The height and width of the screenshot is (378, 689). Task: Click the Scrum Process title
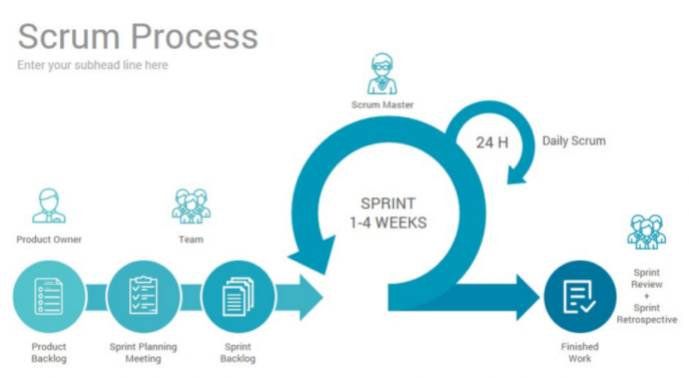tap(138, 37)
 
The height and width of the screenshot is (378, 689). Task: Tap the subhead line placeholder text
tap(93, 65)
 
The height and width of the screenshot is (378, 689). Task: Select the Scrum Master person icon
tap(382, 74)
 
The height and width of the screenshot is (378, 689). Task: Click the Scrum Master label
tap(382, 105)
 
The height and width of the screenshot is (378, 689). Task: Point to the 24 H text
tap(492, 143)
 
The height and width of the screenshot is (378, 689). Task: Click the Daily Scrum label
tap(574, 141)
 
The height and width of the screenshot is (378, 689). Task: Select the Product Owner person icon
tap(49, 206)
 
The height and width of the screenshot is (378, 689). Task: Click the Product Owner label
tap(49, 239)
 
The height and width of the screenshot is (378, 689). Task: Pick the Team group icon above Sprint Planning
tap(191, 206)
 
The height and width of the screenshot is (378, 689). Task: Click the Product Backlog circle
tap(49, 297)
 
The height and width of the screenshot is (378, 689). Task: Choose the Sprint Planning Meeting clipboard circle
tap(143, 297)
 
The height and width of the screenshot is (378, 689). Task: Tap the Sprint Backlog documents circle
tap(238, 297)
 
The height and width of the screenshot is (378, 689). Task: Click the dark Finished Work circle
tap(580, 297)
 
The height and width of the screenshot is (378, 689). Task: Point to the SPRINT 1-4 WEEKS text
tap(388, 213)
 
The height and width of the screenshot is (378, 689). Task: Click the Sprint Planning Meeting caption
tap(143, 352)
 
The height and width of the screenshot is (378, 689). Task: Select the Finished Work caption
tap(580, 352)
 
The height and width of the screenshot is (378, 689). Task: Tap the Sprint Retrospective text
tap(647, 314)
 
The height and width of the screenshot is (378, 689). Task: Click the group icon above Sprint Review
tap(646, 232)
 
